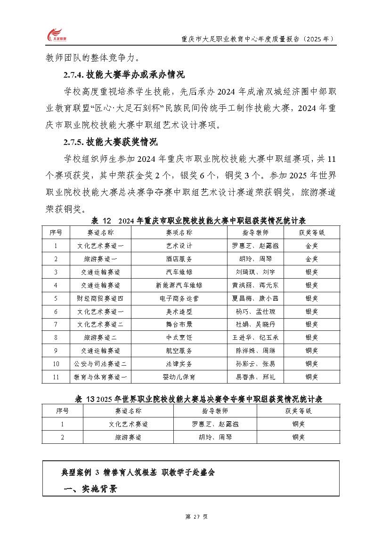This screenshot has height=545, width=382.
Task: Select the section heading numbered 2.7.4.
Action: [124, 74]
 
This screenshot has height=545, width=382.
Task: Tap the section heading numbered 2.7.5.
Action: [111, 142]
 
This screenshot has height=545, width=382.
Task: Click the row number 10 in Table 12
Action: [56, 364]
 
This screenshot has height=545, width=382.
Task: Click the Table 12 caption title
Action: [198, 220]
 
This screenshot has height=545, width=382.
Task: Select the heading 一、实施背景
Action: [90, 489]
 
